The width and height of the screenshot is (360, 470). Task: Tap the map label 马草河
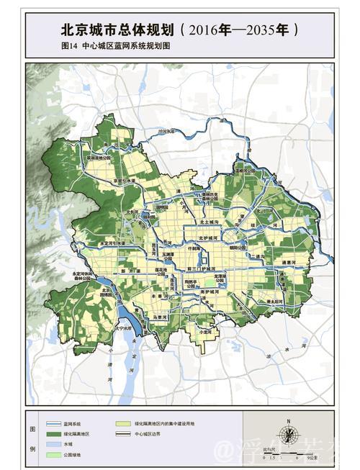coord(161,316)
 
